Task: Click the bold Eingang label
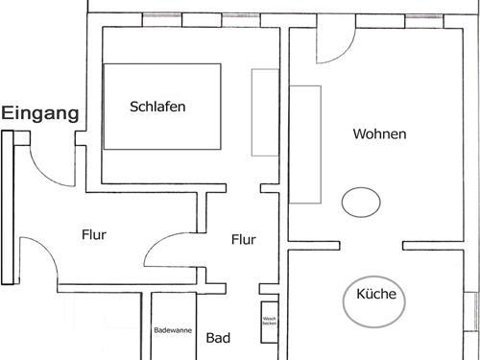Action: (39, 113)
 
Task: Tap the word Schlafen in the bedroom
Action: (157, 107)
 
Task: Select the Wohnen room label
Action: (379, 134)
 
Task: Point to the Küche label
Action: (376, 295)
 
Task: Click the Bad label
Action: (218, 338)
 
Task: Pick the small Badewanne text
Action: (174, 330)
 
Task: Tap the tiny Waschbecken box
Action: (269, 318)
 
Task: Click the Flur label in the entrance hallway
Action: (93, 233)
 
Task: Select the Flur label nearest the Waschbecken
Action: (244, 239)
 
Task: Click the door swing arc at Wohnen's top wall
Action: (332, 42)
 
